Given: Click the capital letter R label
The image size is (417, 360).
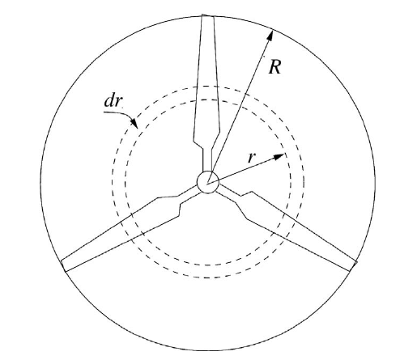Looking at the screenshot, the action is pyautogui.click(x=275, y=66).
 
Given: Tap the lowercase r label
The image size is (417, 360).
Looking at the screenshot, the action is pyautogui.click(x=251, y=157).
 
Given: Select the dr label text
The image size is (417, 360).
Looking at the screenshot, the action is pyautogui.click(x=113, y=101).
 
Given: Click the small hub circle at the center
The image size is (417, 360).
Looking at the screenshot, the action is pyautogui.click(x=207, y=182).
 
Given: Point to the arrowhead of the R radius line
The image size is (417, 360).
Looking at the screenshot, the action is pyautogui.click(x=270, y=36).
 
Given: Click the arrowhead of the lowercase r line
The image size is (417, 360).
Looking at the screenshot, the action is pyautogui.click(x=279, y=156).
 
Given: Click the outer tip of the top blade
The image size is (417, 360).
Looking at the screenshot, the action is pyautogui.click(x=208, y=15).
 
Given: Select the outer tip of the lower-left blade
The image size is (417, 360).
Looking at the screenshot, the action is pyautogui.click(x=63, y=266).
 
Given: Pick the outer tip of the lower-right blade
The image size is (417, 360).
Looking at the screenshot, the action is pyautogui.click(x=353, y=266).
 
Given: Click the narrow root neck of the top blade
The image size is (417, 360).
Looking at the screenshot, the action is pyautogui.click(x=207, y=159).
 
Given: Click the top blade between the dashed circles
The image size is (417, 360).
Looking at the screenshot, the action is pyautogui.click(x=207, y=93).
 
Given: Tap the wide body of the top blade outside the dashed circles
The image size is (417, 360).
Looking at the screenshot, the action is pyautogui.click(x=208, y=54).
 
